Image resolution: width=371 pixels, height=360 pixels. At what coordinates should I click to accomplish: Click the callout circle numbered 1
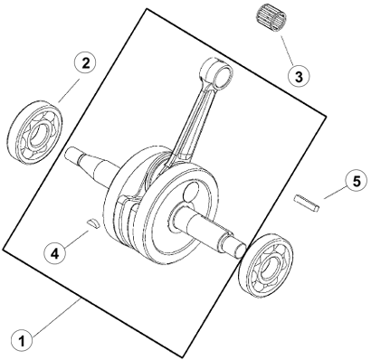point(22,342)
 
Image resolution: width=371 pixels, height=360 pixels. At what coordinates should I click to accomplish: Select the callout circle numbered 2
point(85,63)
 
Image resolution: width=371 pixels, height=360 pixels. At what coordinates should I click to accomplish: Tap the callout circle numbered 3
point(299,76)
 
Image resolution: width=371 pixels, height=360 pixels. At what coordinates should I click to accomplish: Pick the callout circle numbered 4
point(54,253)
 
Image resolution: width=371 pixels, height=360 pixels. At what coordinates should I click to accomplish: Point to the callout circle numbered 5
point(357,182)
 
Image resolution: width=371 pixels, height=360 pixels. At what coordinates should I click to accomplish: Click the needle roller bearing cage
point(271,19)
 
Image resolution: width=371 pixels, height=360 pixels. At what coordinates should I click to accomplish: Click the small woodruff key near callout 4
point(91,223)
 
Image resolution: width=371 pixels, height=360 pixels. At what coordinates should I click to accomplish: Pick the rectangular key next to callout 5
point(307,204)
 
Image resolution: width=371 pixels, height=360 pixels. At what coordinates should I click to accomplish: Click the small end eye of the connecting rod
point(218,72)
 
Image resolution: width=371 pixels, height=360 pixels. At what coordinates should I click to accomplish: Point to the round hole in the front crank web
point(191,193)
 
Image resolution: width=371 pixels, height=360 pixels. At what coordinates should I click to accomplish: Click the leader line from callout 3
point(287,51)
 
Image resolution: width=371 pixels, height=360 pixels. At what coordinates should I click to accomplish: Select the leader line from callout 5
point(335,193)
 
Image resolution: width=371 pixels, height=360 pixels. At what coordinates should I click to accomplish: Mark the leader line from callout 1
point(55,317)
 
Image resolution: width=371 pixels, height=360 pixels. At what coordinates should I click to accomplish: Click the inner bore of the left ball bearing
point(38,134)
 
